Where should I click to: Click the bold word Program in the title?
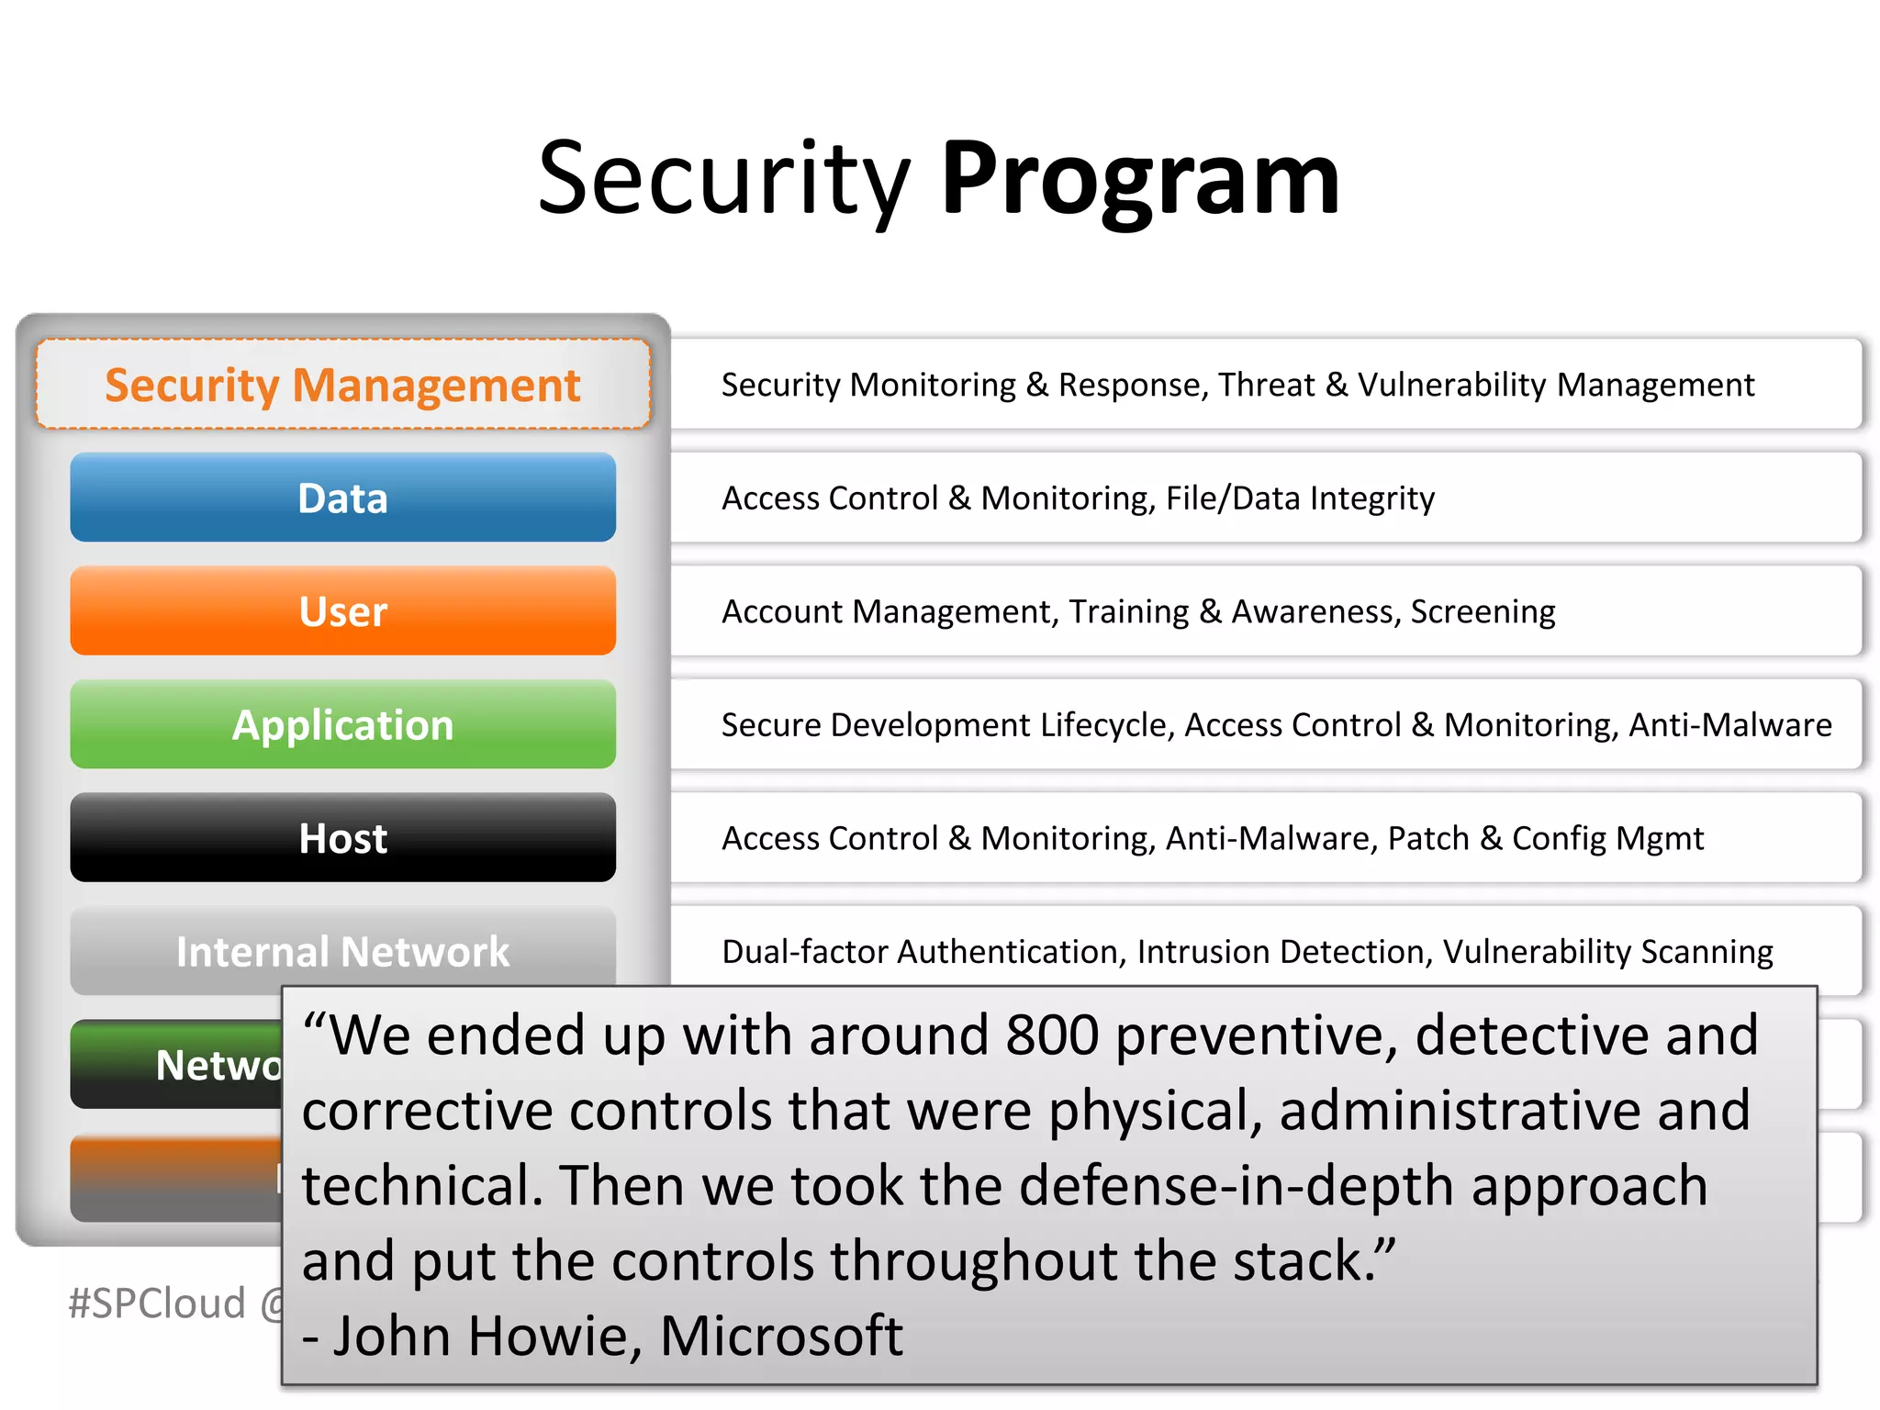[1140, 179]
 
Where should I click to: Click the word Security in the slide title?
[722, 179]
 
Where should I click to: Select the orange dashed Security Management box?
[342, 385]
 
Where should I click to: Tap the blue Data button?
[342, 498]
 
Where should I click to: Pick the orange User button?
[342, 611]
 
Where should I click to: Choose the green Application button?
[342, 725]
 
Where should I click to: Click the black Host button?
[342, 838]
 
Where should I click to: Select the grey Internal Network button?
[342, 950]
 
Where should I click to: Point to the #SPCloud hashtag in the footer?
[157, 1304]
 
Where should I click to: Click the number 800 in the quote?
[1052, 1035]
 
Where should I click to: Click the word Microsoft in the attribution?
[781, 1336]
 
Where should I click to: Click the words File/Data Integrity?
[1300, 498]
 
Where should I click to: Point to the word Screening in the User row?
[1483, 611]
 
